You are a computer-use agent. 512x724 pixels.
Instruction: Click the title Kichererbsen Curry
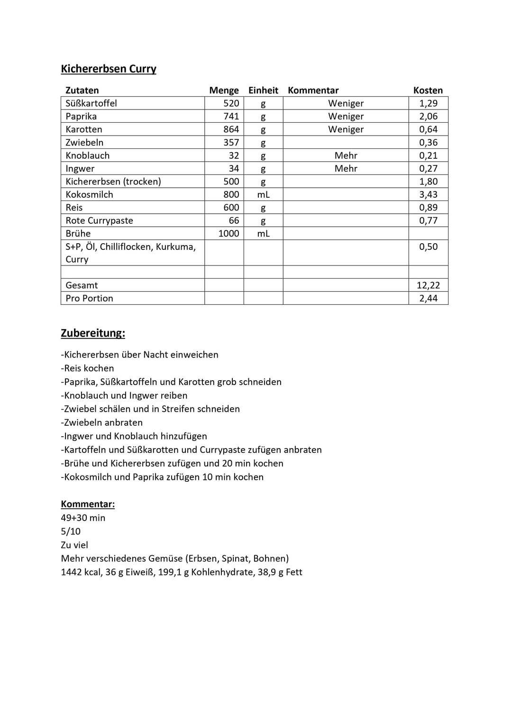click(x=109, y=69)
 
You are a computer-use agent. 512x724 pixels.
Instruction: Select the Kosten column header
click(x=428, y=91)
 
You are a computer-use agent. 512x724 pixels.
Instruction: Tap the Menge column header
click(x=224, y=91)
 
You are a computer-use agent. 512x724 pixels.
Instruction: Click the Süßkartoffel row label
click(x=91, y=103)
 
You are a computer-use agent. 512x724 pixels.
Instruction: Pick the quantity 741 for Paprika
click(x=231, y=116)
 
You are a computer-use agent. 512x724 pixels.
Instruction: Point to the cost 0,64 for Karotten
click(x=428, y=129)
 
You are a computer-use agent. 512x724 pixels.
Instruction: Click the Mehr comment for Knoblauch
click(x=346, y=156)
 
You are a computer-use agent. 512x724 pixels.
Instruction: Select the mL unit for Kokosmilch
click(x=263, y=194)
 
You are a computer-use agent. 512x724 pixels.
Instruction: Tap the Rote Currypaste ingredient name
click(x=99, y=220)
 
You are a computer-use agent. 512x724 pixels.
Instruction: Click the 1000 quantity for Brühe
click(x=229, y=233)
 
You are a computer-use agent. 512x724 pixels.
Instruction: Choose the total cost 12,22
click(x=428, y=285)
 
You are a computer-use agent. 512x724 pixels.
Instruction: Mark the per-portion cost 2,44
click(x=428, y=298)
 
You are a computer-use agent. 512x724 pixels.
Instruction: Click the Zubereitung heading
click(x=93, y=333)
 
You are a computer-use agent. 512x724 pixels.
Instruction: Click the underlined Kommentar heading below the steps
click(x=88, y=504)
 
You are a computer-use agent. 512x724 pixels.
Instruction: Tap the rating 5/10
click(x=71, y=532)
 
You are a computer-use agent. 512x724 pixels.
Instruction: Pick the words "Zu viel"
click(x=74, y=545)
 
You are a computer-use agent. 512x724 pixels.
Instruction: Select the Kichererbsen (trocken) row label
click(x=113, y=182)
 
